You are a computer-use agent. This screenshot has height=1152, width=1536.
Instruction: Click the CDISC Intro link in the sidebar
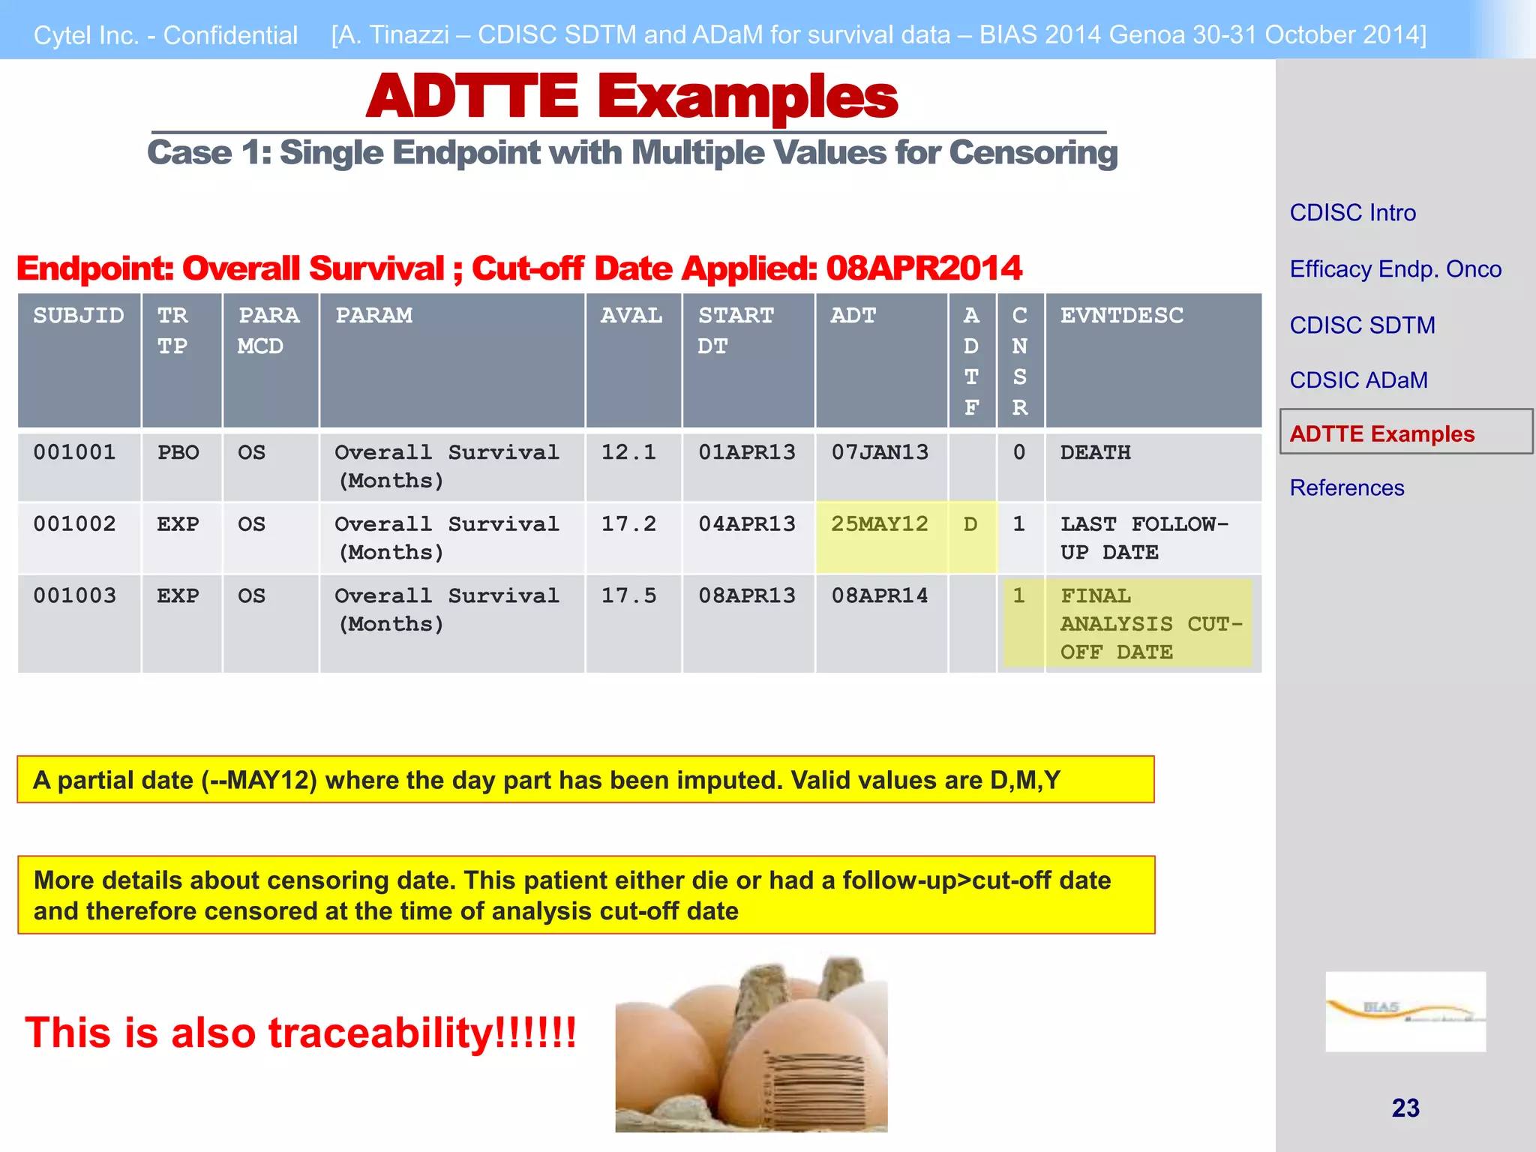click(1352, 213)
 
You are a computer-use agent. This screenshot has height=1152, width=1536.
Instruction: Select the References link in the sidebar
click(1346, 488)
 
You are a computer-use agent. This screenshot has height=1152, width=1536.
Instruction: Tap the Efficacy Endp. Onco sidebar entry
click(1395, 269)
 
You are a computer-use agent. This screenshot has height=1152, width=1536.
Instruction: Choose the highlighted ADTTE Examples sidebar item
click(1381, 433)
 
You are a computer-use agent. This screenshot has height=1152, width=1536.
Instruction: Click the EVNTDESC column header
click(1121, 316)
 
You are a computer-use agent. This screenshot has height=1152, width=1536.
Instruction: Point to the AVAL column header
click(631, 316)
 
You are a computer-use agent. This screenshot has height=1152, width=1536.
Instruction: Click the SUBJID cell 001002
click(74, 523)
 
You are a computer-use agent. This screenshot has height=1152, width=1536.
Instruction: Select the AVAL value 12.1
click(628, 452)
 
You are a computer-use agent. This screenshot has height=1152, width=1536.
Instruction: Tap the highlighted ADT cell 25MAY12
click(879, 523)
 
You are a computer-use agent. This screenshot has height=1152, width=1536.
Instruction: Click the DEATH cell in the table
click(1095, 452)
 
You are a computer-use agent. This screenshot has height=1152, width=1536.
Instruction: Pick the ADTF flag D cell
click(970, 523)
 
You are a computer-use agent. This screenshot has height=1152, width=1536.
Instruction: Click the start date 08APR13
click(746, 595)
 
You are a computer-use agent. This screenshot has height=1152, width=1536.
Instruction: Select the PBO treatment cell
click(178, 452)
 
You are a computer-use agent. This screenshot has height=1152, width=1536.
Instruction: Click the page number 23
click(1405, 1108)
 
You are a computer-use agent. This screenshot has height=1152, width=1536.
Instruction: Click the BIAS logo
click(1405, 1011)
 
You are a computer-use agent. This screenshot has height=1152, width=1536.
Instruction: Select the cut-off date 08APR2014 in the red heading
click(923, 268)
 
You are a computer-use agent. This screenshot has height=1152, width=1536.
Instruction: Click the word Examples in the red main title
click(747, 97)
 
